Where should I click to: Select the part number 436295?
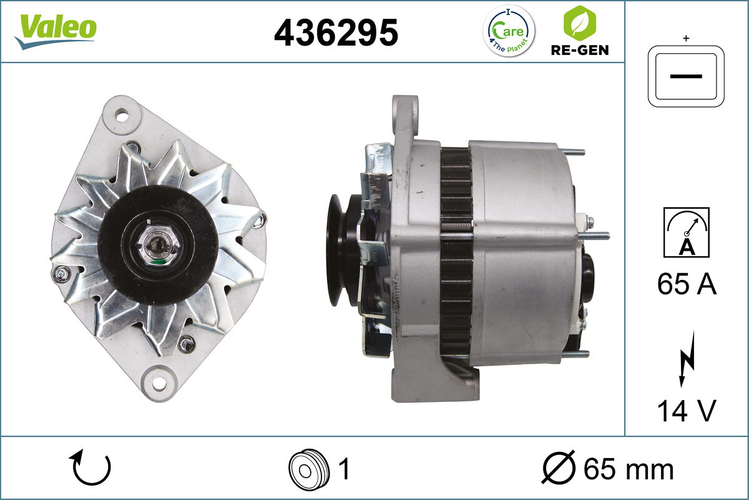pyautogui.click(x=336, y=32)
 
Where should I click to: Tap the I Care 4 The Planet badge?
pyautogui.click(x=509, y=31)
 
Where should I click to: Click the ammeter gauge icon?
pyautogui.click(x=687, y=232)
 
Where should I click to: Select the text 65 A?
pyautogui.click(x=687, y=285)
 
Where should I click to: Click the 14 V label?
pyautogui.click(x=687, y=411)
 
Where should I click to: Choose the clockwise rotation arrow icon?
pyautogui.click(x=92, y=469)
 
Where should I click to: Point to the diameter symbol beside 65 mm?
pyautogui.click(x=557, y=469)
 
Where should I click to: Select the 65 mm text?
pyautogui.click(x=628, y=469)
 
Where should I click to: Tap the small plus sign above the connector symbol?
pyautogui.click(x=686, y=39)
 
